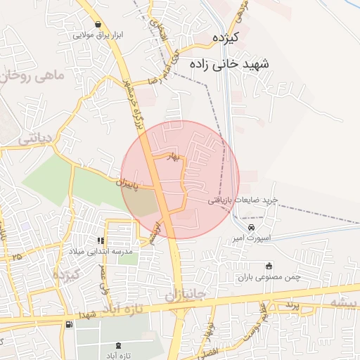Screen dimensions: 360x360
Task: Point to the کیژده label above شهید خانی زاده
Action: point(226,37)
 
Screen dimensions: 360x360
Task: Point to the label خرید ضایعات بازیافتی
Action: point(243,200)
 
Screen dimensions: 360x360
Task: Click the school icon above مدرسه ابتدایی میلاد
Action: point(110,240)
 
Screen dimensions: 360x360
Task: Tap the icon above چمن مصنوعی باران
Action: point(269,266)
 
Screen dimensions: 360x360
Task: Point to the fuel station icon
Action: point(69,325)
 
